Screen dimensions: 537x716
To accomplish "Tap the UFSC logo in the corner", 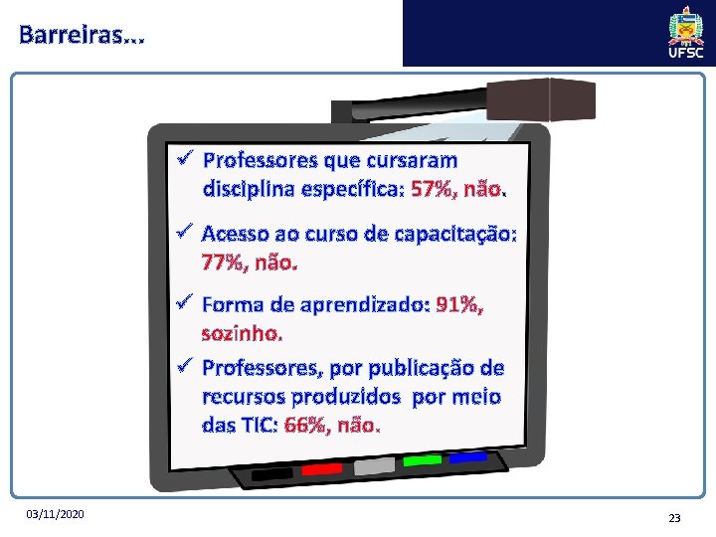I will [686, 33].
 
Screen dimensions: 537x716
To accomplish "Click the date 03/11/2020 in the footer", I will [57, 514].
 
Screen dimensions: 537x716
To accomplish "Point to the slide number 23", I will [674, 517].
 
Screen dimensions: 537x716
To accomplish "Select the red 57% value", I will [430, 187].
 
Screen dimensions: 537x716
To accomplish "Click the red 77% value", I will [222, 264].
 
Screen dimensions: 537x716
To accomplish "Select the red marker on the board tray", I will [321, 468].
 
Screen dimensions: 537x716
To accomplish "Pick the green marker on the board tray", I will [422, 460].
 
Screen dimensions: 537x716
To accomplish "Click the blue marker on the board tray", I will [466, 457].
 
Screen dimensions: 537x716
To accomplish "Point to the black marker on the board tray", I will [272, 474].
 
